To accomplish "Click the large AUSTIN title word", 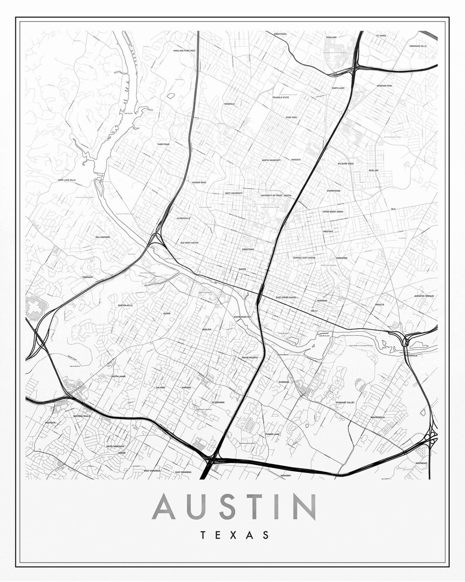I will point(234,506).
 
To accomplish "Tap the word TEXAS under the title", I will point(234,535).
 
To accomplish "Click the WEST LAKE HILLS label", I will point(68,180).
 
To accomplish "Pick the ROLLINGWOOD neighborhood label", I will point(102,237).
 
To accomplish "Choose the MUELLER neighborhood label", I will point(373,171).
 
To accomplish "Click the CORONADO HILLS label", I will point(418,46).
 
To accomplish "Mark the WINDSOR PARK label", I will point(384,86).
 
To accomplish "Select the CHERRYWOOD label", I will point(333,190).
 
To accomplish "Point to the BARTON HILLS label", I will point(125,305).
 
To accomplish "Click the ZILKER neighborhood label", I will point(167,314).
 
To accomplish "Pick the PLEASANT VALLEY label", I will point(346,403).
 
